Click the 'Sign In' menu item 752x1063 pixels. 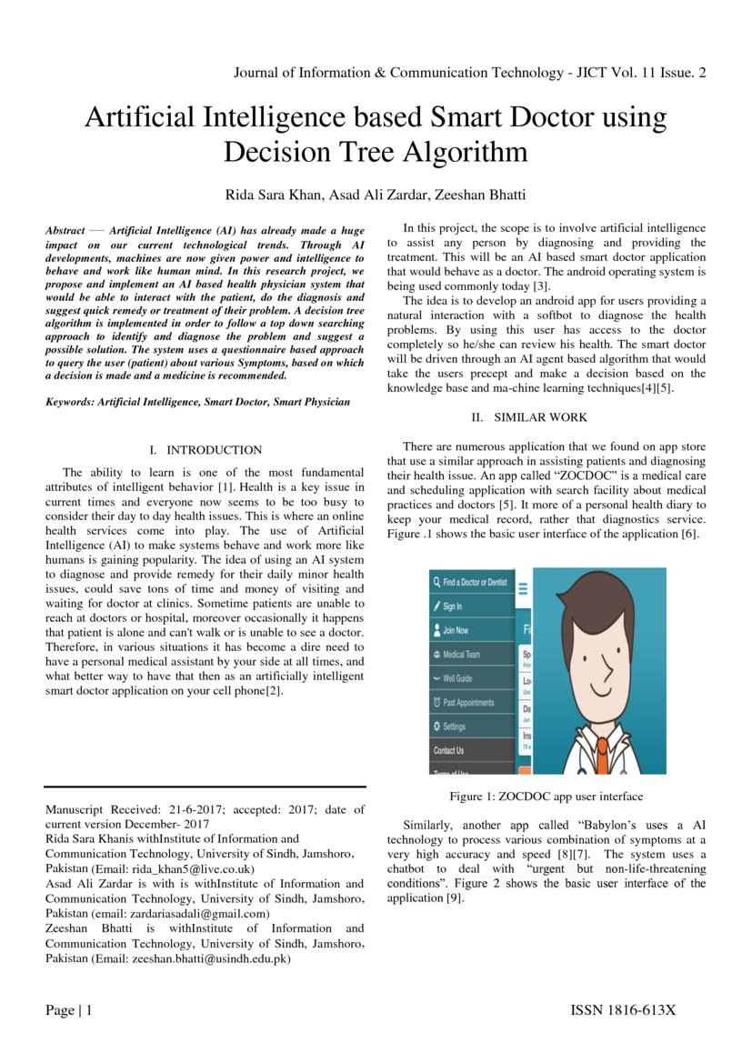click(452, 606)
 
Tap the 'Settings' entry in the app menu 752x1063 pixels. click(454, 727)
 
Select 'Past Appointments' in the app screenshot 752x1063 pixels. click(468, 702)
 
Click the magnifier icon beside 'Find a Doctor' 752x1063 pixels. click(436, 582)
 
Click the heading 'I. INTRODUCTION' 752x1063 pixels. click(205, 450)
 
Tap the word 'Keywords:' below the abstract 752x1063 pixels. click(70, 401)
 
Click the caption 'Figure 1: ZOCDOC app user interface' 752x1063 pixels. click(546, 797)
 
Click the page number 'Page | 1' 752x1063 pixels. click(69, 1010)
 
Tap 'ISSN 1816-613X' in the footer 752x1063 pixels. click(623, 1010)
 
